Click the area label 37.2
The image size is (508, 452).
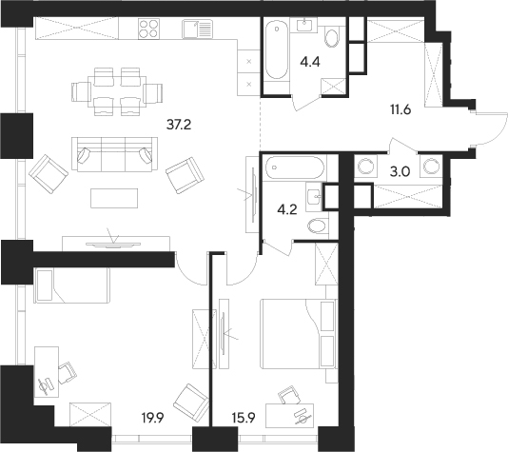click(x=179, y=125)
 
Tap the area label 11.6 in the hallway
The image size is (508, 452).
click(x=401, y=110)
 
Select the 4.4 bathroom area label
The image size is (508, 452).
click(x=310, y=62)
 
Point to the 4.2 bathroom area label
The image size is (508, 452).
click(x=287, y=210)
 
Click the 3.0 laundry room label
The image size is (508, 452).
click(x=401, y=171)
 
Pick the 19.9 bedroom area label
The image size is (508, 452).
click(x=153, y=418)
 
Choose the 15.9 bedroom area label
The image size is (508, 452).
click(x=244, y=418)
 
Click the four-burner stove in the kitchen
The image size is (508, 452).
click(x=148, y=29)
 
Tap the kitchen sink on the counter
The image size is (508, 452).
click(x=197, y=29)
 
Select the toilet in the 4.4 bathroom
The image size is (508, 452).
click(x=332, y=37)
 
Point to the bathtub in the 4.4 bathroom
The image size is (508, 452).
click(x=276, y=50)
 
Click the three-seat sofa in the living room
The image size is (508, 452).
click(x=115, y=154)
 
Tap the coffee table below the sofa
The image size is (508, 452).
click(x=114, y=198)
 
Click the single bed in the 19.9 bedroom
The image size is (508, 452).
click(x=72, y=285)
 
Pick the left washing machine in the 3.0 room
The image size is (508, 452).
click(x=365, y=167)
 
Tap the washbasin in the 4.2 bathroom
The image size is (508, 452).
click(x=314, y=196)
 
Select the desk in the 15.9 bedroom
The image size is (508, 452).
click(x=289, y=416)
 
